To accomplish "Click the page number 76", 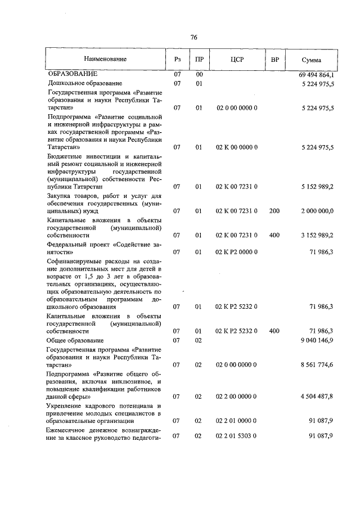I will point(193,38).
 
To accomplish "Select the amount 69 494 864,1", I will point(314,74).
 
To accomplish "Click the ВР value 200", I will point(274,211).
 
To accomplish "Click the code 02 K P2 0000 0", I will point(237,251).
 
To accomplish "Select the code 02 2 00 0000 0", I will point(237,397).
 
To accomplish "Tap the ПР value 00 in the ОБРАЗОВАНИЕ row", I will point(199,74).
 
